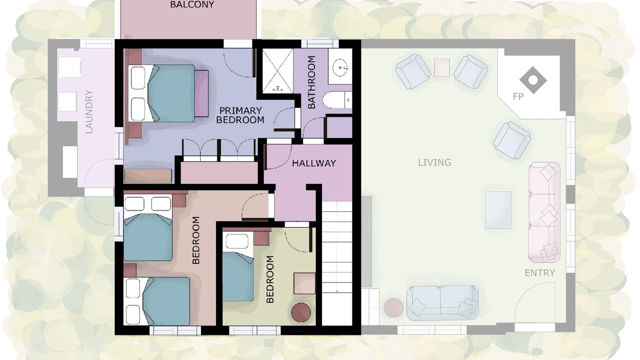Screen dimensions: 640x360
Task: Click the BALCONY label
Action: pos(192,4)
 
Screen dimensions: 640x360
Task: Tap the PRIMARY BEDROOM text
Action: pos(240,115)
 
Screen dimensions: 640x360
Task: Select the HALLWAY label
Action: pos(313,163)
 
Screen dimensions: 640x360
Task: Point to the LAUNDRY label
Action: pos(89,111)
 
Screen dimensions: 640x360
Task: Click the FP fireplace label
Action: pos(518,96)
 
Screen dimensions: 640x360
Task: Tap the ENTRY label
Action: pos(539,273)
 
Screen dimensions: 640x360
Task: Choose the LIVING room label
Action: pos(434,162)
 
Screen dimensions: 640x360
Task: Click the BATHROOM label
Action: pos(311,82)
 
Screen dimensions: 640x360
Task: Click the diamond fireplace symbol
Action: pos(533,80)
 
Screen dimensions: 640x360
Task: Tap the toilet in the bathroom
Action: pos(337,100)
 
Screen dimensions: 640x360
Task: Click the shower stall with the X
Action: pos(277,71)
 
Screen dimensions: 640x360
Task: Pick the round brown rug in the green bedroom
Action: pos(301,312)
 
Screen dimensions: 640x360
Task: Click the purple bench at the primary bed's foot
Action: pos(202,93)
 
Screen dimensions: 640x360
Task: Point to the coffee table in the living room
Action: pos(498,210)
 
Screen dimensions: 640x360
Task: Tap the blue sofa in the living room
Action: pos(442,302)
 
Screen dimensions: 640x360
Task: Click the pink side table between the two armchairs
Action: pos(441,67)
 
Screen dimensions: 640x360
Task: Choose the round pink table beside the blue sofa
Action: pos(393,307)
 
